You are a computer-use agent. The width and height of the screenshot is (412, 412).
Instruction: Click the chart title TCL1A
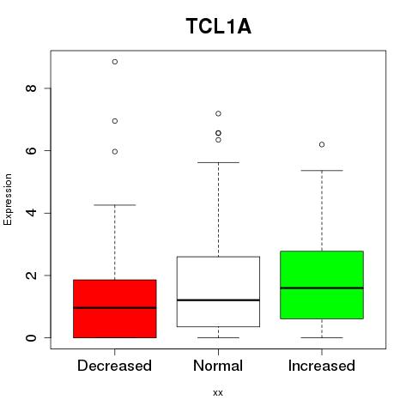click(x=219, y=27)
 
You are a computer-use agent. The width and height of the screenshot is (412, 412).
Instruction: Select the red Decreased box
click(x=115, y=309)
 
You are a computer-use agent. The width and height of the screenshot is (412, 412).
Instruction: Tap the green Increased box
click(x=322, y=285)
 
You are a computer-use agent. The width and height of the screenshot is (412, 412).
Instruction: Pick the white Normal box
click(x=218, y=292)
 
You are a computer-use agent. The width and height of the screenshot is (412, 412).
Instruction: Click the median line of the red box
click(x=115, y=308)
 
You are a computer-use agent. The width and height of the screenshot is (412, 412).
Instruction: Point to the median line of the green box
click(x=322, y=288)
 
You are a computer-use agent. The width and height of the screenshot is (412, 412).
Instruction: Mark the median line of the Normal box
click(x=218, y=300)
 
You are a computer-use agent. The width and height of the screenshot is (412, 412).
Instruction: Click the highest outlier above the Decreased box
click(x=115, y=62)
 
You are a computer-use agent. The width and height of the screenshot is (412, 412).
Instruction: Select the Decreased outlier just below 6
click(x=115, y=152)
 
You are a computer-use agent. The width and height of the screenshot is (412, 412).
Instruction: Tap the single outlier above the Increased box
click(x=322, y=145)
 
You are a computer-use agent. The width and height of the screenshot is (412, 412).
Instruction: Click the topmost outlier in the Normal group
click(x=218, y=114)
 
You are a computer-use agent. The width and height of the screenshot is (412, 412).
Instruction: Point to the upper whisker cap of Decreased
click(x=115, y=205)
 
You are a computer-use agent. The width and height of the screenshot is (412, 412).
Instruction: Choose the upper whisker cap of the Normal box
click(x=218, y=162)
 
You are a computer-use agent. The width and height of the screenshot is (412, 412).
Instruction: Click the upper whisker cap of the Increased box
click(x=322, y=171)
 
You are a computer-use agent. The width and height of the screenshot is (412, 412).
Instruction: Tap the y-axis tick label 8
click(x=31, y=88)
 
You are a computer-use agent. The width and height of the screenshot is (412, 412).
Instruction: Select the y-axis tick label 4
click(x=31, y=213)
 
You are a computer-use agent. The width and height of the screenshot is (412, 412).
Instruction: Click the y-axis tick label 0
click(x=31, y=337)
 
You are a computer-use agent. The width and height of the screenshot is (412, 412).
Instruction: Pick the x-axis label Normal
click(x=218, y=366)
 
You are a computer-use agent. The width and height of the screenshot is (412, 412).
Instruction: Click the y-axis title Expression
click(x=8, y=199)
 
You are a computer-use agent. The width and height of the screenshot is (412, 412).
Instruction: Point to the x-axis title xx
click(x=218, y=393)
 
